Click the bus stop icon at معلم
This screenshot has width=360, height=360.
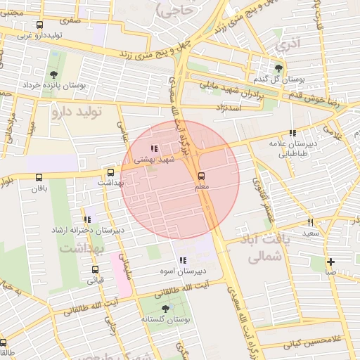(x=202, y=176)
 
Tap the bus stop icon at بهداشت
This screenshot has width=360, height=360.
(x=110, y=172)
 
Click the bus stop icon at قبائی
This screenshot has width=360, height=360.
(x=95, y=269)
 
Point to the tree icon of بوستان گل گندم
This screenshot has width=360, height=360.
(x=279, y=68)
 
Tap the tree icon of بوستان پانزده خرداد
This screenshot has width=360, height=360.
(x=54, y=75)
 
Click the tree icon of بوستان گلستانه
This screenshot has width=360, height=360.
(x=165, y=309)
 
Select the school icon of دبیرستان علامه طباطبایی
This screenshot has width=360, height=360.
(x=292, y=133)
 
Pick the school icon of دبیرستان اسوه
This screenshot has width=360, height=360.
(x=183, y=261)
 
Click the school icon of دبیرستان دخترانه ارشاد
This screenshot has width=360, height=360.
(x=87, y=219)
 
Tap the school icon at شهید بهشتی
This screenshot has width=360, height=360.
(x=154, y=148)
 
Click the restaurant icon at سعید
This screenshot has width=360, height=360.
(x=310, y=222)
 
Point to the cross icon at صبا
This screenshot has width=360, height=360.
(x=330, y=262)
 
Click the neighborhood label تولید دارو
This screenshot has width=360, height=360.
(x=77, y=111)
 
